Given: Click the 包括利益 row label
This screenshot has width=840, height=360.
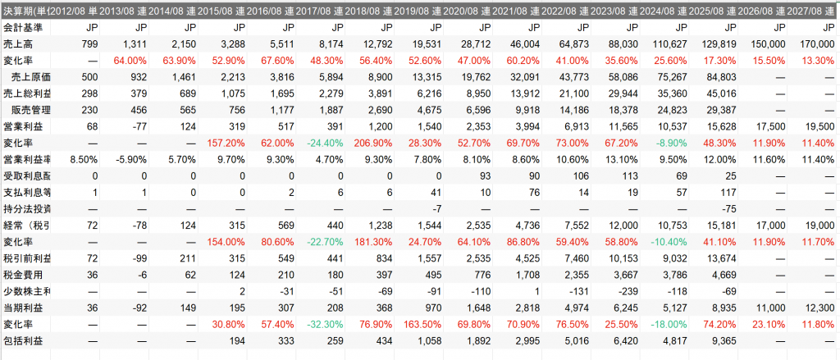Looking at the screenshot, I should click(21, 340).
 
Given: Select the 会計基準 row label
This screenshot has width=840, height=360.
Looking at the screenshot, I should click(21, 27).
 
